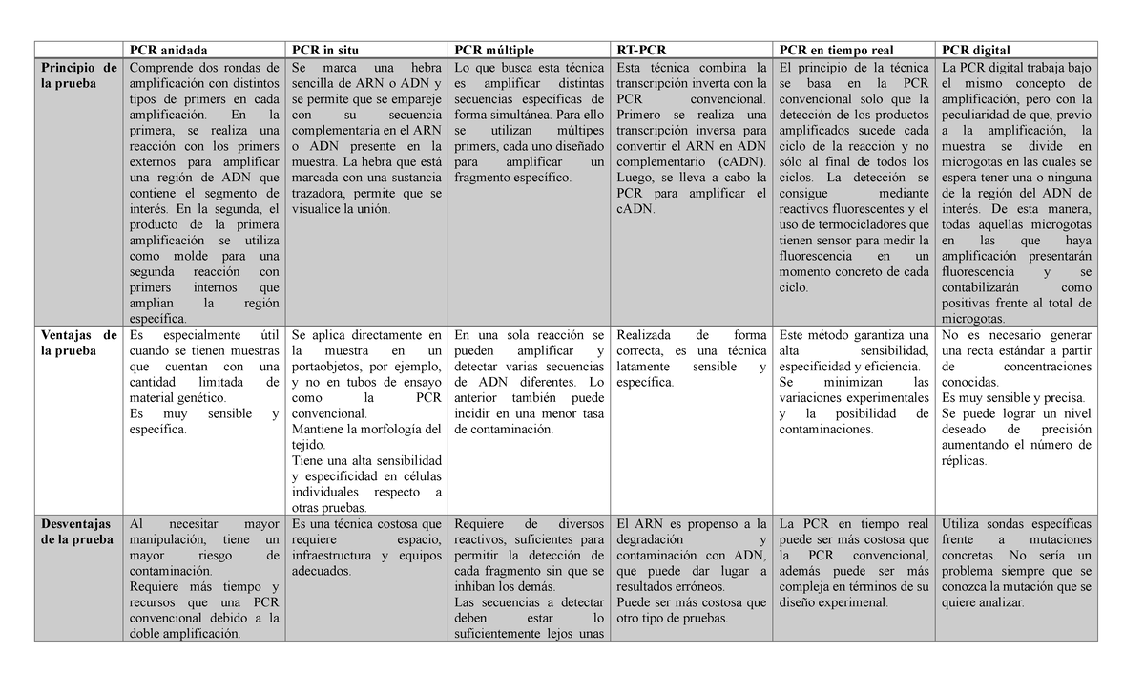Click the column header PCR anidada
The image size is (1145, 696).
(167, 50)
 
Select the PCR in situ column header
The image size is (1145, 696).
(326, 50)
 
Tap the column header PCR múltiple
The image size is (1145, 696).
(494, 50)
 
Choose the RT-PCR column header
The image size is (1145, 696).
(642, 50)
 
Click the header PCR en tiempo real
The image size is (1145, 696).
(836, 50)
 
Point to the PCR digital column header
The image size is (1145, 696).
(975, 50)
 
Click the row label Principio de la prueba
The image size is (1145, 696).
(79, 75)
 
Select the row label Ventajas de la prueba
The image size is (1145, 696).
(79, 343)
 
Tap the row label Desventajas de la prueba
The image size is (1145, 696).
(79, 532)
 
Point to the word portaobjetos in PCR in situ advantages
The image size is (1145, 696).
(332, 367)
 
